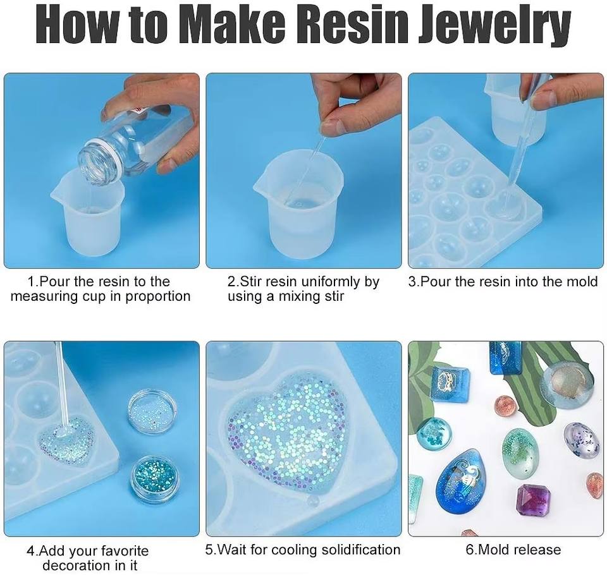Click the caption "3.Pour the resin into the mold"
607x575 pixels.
(503, 281)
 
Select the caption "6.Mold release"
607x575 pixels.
(513, 550)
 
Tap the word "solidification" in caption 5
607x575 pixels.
(361, 550)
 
